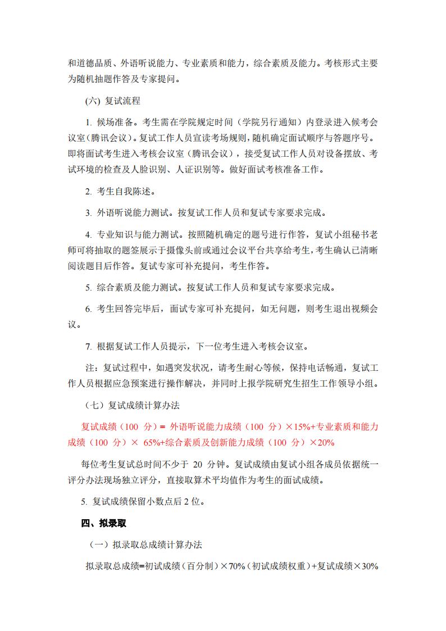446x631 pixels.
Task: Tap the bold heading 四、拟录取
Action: click(104, 523)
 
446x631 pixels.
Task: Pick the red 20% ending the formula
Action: click(326, 442)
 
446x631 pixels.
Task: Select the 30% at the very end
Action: click(369, 566)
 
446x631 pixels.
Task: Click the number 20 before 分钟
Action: click(197, 464)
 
